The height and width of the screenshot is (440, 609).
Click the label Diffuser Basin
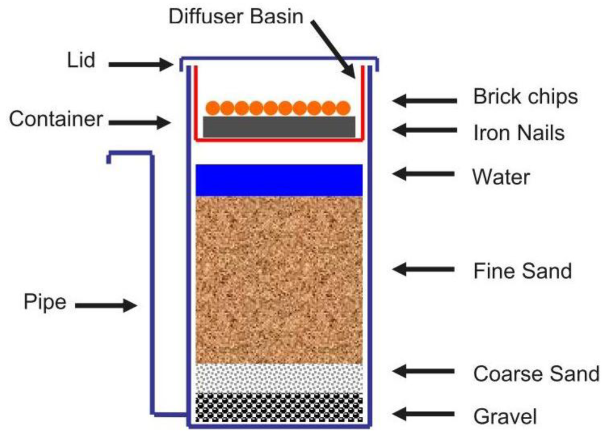click(x=236, y=16)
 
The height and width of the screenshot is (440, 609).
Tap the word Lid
click(x=80, y=59)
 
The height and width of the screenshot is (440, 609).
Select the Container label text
click(x=56, y=119)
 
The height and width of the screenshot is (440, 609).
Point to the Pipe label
click(x=45, y=302)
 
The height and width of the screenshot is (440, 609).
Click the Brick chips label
click(x=525, y=96)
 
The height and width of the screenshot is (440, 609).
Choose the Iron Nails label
click(x=519, y=133)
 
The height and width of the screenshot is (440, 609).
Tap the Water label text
click(x=501, y=176)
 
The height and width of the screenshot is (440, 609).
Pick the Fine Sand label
click(x=522, y=271)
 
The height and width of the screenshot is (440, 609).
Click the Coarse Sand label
click(x=536, y=374)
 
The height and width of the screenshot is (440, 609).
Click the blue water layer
click(x=279, y=180)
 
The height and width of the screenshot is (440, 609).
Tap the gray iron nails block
click(x=279, y=126)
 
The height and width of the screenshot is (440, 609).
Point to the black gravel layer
click(x=279, y=408)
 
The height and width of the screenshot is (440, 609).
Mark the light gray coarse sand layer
click(x=279, y=378)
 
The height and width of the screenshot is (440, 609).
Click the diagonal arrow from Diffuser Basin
click(x=335, y=46)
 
